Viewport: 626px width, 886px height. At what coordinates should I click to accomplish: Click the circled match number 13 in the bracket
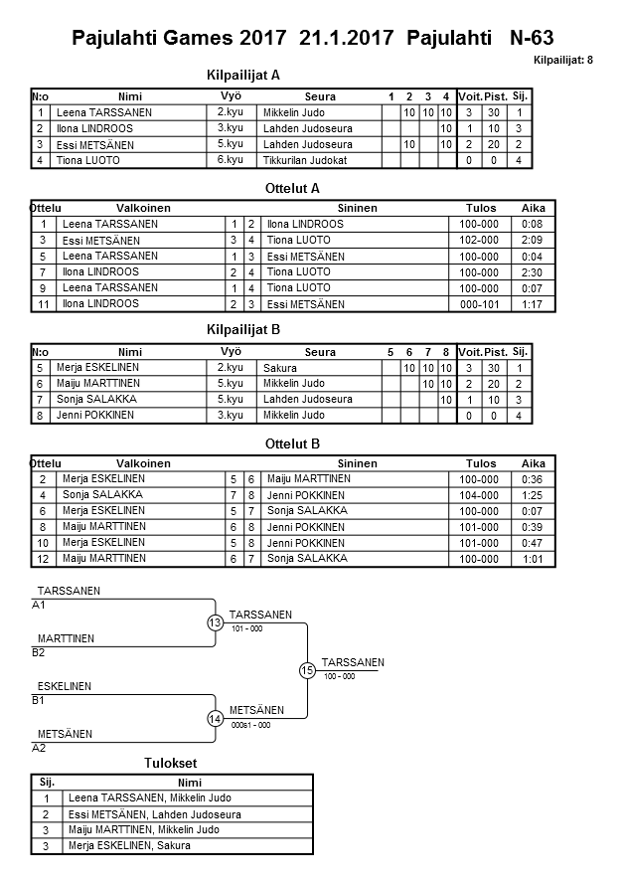tap(216, 622)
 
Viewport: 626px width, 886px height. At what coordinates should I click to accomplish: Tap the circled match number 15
tap(307, 670)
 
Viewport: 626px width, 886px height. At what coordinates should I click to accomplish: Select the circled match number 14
tap(216, 718)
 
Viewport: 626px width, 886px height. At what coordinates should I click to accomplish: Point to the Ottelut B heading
tap(294, 443)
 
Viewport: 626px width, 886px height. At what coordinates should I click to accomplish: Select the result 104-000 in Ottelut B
tap(481, 495)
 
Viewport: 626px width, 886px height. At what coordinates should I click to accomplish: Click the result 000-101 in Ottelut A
tap(481, 303)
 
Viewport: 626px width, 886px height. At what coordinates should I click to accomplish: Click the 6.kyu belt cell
tap(231, 160)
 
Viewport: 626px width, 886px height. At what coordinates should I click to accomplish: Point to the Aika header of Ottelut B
tap(534, 463)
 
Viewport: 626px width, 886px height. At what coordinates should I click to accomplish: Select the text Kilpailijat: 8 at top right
tap(562, 61)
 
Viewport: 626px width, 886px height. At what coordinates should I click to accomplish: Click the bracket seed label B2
tap(39, 652)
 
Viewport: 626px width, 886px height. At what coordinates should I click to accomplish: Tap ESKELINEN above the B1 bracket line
tap(65, 686)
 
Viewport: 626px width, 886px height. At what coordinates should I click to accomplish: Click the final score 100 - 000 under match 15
tap(339, 677)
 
